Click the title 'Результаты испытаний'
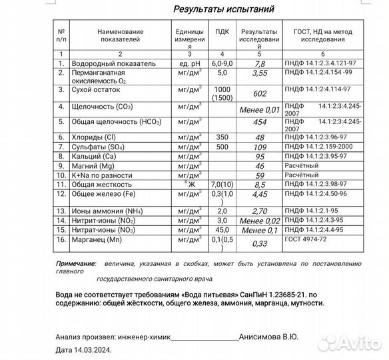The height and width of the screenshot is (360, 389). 222,9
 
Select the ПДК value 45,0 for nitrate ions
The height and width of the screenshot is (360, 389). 222,229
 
